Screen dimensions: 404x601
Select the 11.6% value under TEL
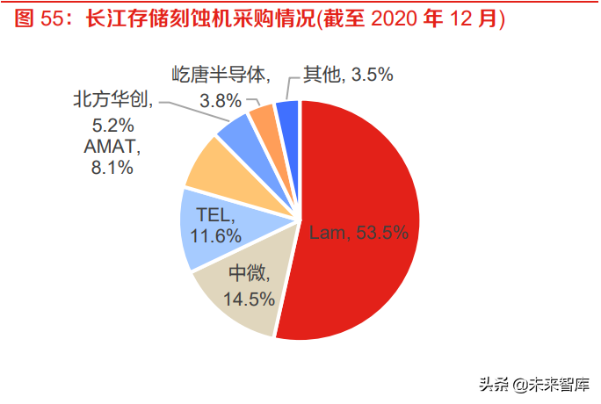coord(218,235)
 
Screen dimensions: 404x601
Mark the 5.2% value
coord(110,123)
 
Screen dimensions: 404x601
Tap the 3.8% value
coord(221,100)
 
